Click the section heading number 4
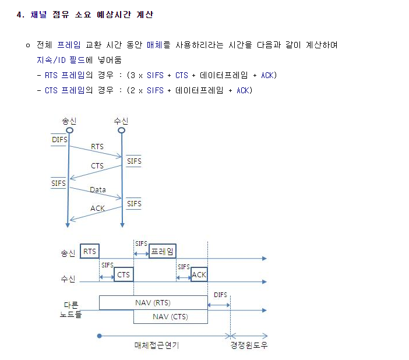pos(20,15)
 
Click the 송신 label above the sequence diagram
pos(69,121)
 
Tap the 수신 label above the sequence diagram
pos(121,121)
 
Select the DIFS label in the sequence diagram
pos(59,140)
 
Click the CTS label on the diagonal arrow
pos(97,166)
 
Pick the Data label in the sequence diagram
pos(98,190)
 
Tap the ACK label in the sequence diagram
pos(97,208)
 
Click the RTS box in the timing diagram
pos(90,251)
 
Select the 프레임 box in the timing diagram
pos(163,251)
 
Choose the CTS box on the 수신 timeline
pos(124,274)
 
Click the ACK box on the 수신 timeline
pos(199,274)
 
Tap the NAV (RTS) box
pos(153,303)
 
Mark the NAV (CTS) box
pos(170,316)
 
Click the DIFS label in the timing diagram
pos(220,295)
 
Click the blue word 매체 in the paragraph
pos(154,45)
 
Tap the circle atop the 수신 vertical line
pos(121,130)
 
